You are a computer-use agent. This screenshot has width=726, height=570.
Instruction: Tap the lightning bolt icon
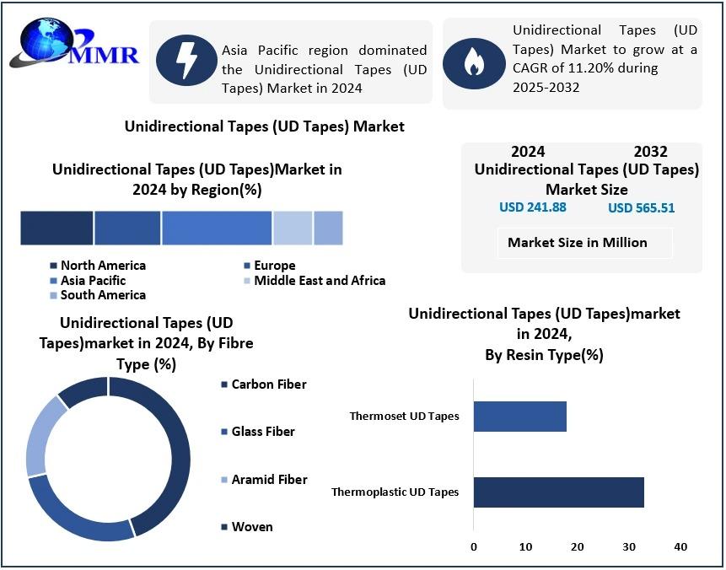click(185, 62)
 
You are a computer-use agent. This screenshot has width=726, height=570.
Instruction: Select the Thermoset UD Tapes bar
click(519, 417)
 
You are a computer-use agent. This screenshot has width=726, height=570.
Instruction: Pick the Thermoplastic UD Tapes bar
click(558, 492)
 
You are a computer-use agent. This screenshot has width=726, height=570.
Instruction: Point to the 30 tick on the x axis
click(629, 547)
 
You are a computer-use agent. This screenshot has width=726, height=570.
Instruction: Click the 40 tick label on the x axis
click(680, 547)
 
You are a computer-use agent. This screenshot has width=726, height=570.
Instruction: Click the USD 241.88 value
click(533, 207)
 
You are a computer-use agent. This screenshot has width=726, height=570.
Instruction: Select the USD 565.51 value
click(641, 208)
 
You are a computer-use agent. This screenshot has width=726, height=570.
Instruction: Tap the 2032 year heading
click(650, 152)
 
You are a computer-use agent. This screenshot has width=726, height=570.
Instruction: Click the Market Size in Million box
click(578, 243)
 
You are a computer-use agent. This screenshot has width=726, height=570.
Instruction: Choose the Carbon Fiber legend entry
click(268, 384)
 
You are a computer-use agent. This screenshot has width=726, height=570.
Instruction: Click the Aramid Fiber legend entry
click(269, 480)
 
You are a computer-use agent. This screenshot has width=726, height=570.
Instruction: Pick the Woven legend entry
click(251, 527)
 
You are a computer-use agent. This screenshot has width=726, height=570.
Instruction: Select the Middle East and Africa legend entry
click(319, 281)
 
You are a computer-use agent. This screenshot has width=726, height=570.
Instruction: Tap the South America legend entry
click(102, 295)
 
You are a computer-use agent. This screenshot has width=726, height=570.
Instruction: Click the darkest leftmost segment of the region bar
click(56, 228)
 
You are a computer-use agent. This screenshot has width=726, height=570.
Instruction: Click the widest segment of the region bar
click(217, 228)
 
